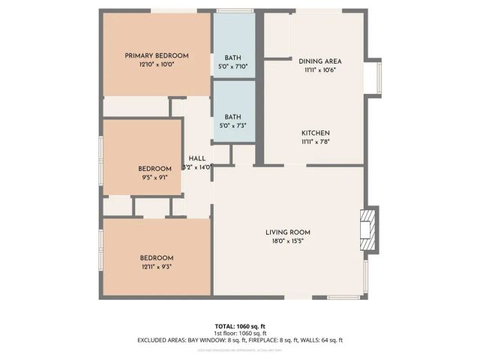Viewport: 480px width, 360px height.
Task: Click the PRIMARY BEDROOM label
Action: pyautogui.click(x=156, y=55)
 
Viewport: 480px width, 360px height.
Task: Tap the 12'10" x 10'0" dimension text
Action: pyautogui.click(x=156, y=65)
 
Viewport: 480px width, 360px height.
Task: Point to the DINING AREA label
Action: pyautogui.click(x=320, y=61)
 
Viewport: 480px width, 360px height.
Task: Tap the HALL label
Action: pyautogui.click(x=197, y=158)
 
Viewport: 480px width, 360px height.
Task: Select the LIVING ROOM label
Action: pyautogui.click(x=288, y=232)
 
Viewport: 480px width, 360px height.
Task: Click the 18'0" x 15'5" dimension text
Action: pyautogui.click(x=288, y=241)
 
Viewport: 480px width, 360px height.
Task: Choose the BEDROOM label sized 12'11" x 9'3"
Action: pyautogui.click(x=157, y=257)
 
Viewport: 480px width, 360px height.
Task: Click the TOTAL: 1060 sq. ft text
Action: pyautogui.click(x=239, y=325)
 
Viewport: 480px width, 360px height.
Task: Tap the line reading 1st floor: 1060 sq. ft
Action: pyautogui.click(x=239, y=332)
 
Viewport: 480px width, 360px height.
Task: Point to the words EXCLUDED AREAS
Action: pyautogui.click(x=160, y=340)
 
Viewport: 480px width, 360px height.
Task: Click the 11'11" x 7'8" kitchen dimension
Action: pyautogui.click(x=315, y=142)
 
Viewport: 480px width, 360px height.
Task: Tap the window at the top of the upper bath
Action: pyautogui.click(x=233, y=10)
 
